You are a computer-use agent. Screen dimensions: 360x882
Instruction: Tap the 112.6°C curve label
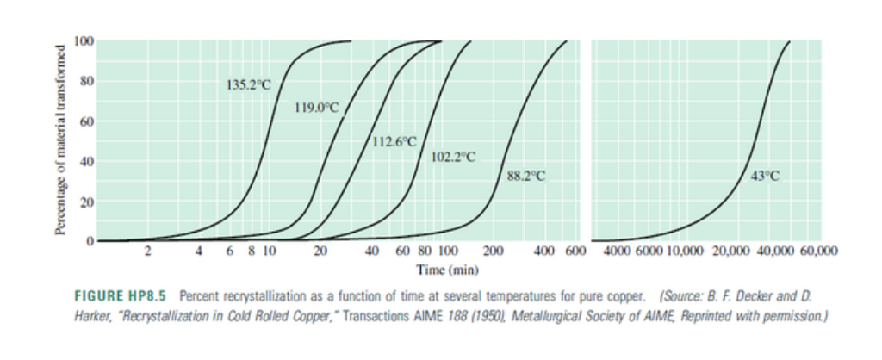coord(394,140)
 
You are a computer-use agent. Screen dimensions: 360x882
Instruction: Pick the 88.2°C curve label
coord(526,176)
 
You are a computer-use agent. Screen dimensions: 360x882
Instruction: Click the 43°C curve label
coord(764,176)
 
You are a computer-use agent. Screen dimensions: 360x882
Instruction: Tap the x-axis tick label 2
coord(147,252)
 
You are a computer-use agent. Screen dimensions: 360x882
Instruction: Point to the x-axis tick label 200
coord(493,252)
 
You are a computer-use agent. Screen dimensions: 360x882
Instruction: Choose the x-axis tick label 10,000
coord(686,252)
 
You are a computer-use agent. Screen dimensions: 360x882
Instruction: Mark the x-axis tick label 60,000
coord(818,252)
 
